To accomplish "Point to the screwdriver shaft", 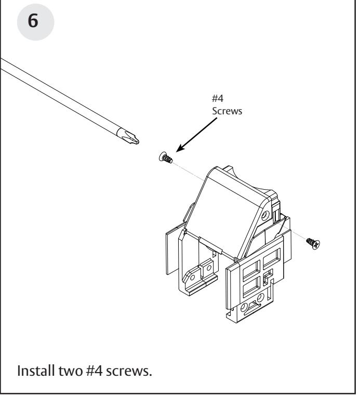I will [x=62, y=96].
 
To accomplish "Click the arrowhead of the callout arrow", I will [x=179, y=150].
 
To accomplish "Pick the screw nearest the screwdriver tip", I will [x=166, y=157].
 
